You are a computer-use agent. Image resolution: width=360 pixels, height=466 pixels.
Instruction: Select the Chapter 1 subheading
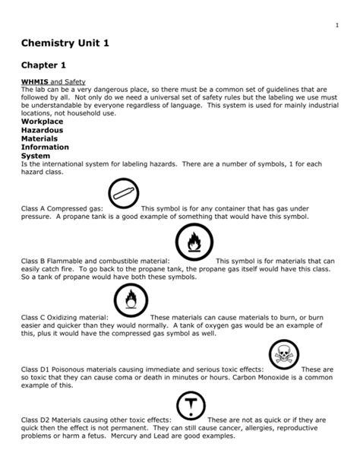point(46,66)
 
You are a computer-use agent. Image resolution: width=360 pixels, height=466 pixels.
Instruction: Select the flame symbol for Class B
point(195,245)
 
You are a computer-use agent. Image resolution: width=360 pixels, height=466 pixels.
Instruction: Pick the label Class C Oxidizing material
point(64,317)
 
